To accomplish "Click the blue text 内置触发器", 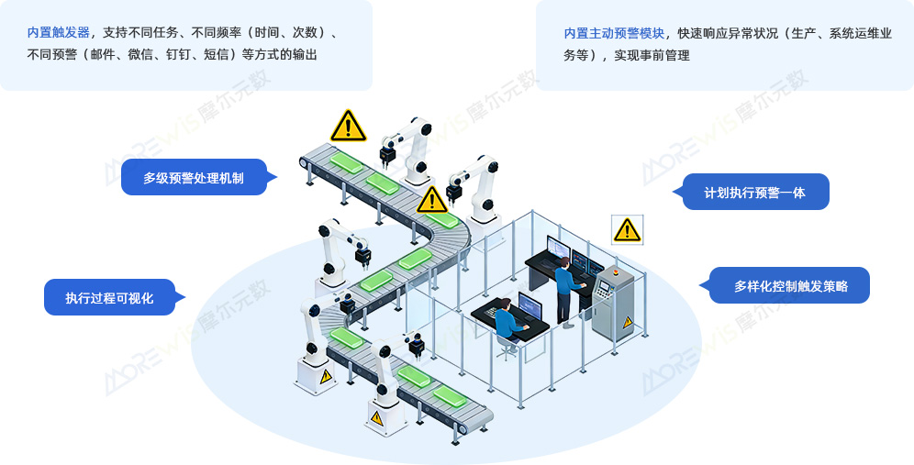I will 59,33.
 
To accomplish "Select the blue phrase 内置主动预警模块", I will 614,33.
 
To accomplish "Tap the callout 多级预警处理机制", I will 194,178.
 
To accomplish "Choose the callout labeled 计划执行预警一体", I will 754,193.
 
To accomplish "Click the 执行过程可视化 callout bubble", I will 109,298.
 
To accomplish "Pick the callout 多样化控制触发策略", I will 791,286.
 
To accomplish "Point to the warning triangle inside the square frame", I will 627,229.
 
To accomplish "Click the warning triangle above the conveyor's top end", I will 348,127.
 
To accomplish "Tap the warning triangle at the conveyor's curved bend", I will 431,200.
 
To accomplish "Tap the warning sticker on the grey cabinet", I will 628,322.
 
